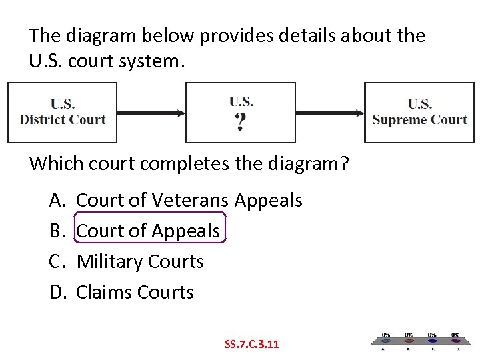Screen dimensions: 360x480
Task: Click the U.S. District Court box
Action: [x=62, y=113]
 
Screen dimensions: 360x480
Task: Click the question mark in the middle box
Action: [x=240, y=123]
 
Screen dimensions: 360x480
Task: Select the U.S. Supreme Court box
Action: [x=419, y=113]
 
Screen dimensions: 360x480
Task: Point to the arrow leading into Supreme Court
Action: [x=330, y=113]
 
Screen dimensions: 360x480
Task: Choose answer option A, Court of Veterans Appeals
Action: [x=189, y=200]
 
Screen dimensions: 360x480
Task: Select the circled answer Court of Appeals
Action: [x=148, y=231]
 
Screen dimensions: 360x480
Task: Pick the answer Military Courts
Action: [x=140, y=261]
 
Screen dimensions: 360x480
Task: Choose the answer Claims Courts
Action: [x=135, y=292]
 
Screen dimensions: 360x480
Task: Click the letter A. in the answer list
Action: [x=56, y=200]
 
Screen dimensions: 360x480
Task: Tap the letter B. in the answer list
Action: [x=56, y=231]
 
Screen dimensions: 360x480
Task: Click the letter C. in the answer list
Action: [x=56, y=261]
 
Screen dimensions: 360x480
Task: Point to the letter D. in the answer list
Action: [x=56, y=292]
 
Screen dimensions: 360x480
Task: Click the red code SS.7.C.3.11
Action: [x=253, y=345]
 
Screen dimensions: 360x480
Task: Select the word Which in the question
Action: [x=51, y=163]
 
